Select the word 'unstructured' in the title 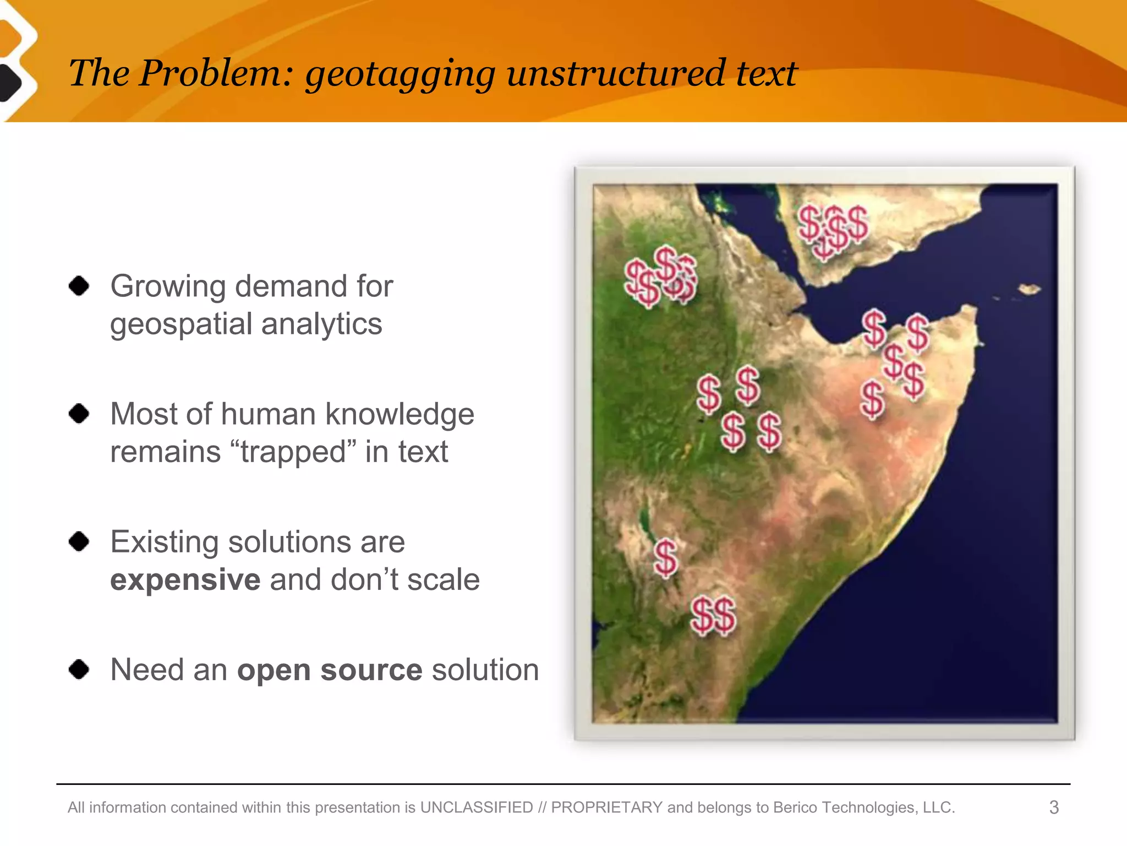coord(615,73)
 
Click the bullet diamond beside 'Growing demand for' coord(79,286)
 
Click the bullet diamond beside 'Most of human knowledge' coord(79,413)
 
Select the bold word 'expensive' coord(185,579)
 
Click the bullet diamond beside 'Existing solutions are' coord(79,541)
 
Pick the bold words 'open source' coord(329,670)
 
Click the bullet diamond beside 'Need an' coord(79,669)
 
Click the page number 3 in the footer coord(1054,807)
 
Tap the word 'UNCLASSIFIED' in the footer coord(477,807)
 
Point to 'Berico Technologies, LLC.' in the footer coord(864,807)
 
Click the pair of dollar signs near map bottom coord(713,616)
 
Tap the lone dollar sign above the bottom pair coord(666,558)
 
